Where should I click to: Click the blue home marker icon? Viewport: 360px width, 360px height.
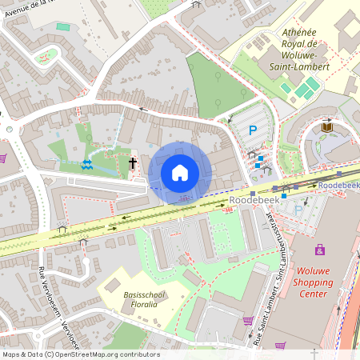180,173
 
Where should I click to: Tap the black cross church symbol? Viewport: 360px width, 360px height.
133,163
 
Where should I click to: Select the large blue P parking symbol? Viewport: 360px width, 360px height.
254,130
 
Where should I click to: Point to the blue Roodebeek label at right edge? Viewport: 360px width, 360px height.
338,185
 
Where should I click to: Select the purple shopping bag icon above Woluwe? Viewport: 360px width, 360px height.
320,250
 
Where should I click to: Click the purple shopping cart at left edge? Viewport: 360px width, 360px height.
3,157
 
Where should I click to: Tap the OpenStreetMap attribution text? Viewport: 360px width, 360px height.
80,354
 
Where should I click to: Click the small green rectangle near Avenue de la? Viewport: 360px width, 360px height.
63,26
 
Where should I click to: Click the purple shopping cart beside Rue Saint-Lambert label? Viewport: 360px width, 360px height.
247,321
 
